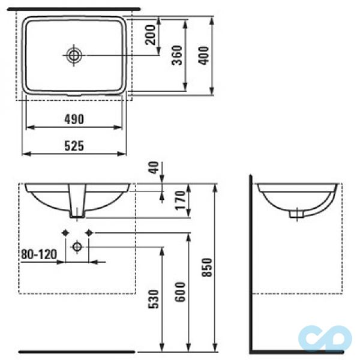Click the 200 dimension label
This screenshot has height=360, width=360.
coord(151,35)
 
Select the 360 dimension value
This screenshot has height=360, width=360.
coord(177,55)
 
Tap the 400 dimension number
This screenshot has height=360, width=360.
coord(203,56)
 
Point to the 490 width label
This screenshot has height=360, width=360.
coord(74,119)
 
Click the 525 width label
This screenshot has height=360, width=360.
coord(74,146)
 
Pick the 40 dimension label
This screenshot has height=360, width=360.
coord(154,167)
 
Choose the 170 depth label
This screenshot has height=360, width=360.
coord(180,200)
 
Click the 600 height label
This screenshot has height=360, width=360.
coord(180,292)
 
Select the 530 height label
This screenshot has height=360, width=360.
coord(154,299)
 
